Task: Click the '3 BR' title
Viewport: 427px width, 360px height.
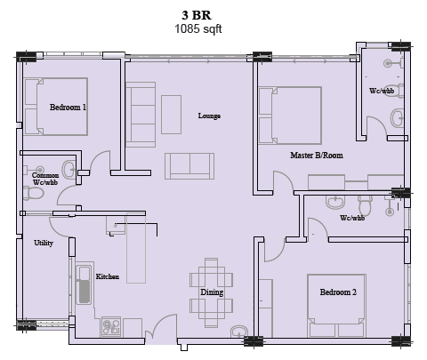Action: pos(197,15)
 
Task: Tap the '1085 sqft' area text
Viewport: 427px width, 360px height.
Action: pos(198,29)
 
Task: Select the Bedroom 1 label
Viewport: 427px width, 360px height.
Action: pos(68,107)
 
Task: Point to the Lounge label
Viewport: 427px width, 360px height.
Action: pos(209,116)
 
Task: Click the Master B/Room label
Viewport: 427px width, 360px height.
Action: pos(317,155)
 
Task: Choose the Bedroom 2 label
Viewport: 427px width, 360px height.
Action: pos(338,292)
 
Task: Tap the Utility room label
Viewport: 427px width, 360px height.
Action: pos(44,243)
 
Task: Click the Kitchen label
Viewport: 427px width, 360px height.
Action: pos(108,276)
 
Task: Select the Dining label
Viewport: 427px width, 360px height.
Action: pos(212,292)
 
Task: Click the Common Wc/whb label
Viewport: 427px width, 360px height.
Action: pos(45,179)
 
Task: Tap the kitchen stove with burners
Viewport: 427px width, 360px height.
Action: pos(111,326)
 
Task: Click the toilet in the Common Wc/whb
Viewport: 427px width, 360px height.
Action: pos(34,193)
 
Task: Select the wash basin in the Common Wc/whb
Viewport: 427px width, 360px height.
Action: pos(68,170)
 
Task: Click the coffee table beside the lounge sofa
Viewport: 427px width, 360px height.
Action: pos(171,115)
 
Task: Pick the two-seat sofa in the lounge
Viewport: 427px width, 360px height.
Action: pos(189,166)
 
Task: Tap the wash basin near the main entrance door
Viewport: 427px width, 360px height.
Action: pos(239,332)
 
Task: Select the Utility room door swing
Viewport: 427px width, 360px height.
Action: pos(59,227)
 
